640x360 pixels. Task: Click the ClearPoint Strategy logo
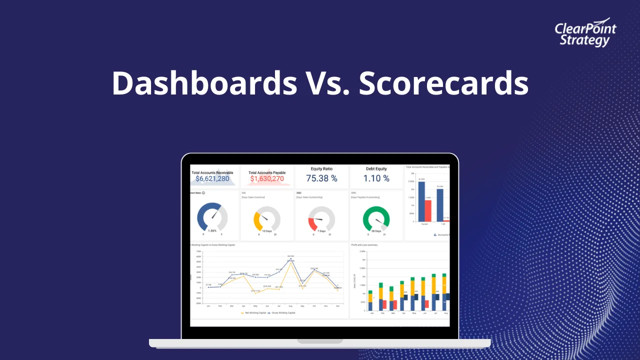pos(585,34)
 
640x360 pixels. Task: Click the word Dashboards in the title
pos(204,83)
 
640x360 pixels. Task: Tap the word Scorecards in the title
pos(443,83)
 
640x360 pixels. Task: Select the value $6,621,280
pos(212,178)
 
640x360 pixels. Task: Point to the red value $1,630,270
pos(267,178)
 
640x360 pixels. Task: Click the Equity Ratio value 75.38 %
pos(321,178)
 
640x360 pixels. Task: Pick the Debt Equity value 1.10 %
pos(376,178)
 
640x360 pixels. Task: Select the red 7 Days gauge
pos(313,223)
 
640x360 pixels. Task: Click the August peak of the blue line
pos(290,258)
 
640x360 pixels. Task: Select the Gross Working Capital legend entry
pos(283,312)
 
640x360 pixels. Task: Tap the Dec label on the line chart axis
pos(338,305)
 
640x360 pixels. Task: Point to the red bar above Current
pos(428,210)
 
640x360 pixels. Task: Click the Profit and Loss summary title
pos(364,245)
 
